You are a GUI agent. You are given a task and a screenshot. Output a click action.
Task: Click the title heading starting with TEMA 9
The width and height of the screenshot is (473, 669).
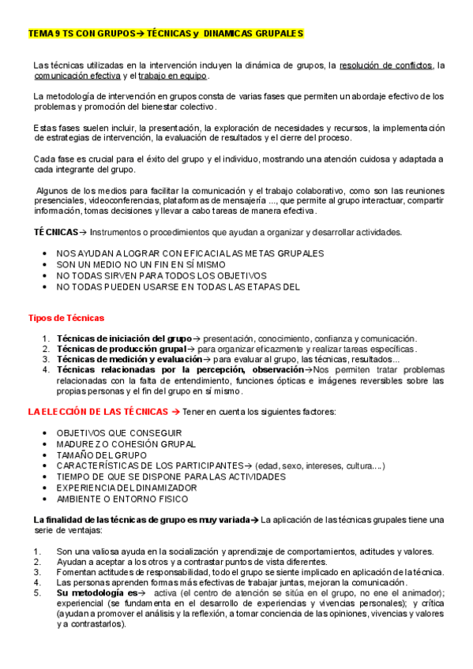tap(165, 34)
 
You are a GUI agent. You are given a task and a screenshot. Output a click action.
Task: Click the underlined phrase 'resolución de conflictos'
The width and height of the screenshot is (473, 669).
tap(386, 65)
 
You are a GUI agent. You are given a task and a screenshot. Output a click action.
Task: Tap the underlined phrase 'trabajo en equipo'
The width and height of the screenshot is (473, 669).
tap(172, 76)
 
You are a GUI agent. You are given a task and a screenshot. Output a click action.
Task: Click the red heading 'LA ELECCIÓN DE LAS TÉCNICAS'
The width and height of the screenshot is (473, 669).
tap(98, 412)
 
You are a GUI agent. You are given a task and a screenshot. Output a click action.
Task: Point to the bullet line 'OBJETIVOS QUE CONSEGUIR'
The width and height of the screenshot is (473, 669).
tap(118, 433)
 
